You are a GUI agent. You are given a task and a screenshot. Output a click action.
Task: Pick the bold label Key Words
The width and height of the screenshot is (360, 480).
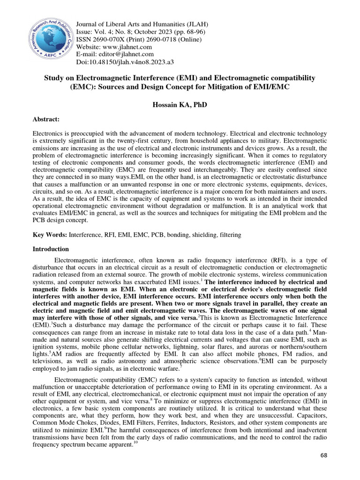50,234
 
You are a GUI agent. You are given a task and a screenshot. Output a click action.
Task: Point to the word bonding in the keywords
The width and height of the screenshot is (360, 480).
171,234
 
